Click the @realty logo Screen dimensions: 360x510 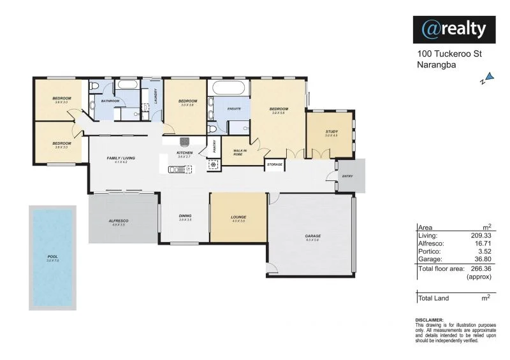tap(454, 29)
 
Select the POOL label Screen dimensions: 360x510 tap(52, 257)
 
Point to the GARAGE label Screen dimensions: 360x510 tap(312, 236)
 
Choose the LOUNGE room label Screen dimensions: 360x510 tap(238, 217)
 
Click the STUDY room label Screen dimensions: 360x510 tap(330, 132)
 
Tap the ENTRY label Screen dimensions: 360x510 tap(347, 176)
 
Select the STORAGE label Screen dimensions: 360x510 tap(274, 164)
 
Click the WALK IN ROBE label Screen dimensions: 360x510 tap(238, 152)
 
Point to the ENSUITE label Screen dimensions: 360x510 tap(234, 109)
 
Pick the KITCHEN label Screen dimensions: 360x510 tap(184, 153)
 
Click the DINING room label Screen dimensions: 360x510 tap(185, 216)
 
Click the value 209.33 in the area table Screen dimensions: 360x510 tap(479, 235)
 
